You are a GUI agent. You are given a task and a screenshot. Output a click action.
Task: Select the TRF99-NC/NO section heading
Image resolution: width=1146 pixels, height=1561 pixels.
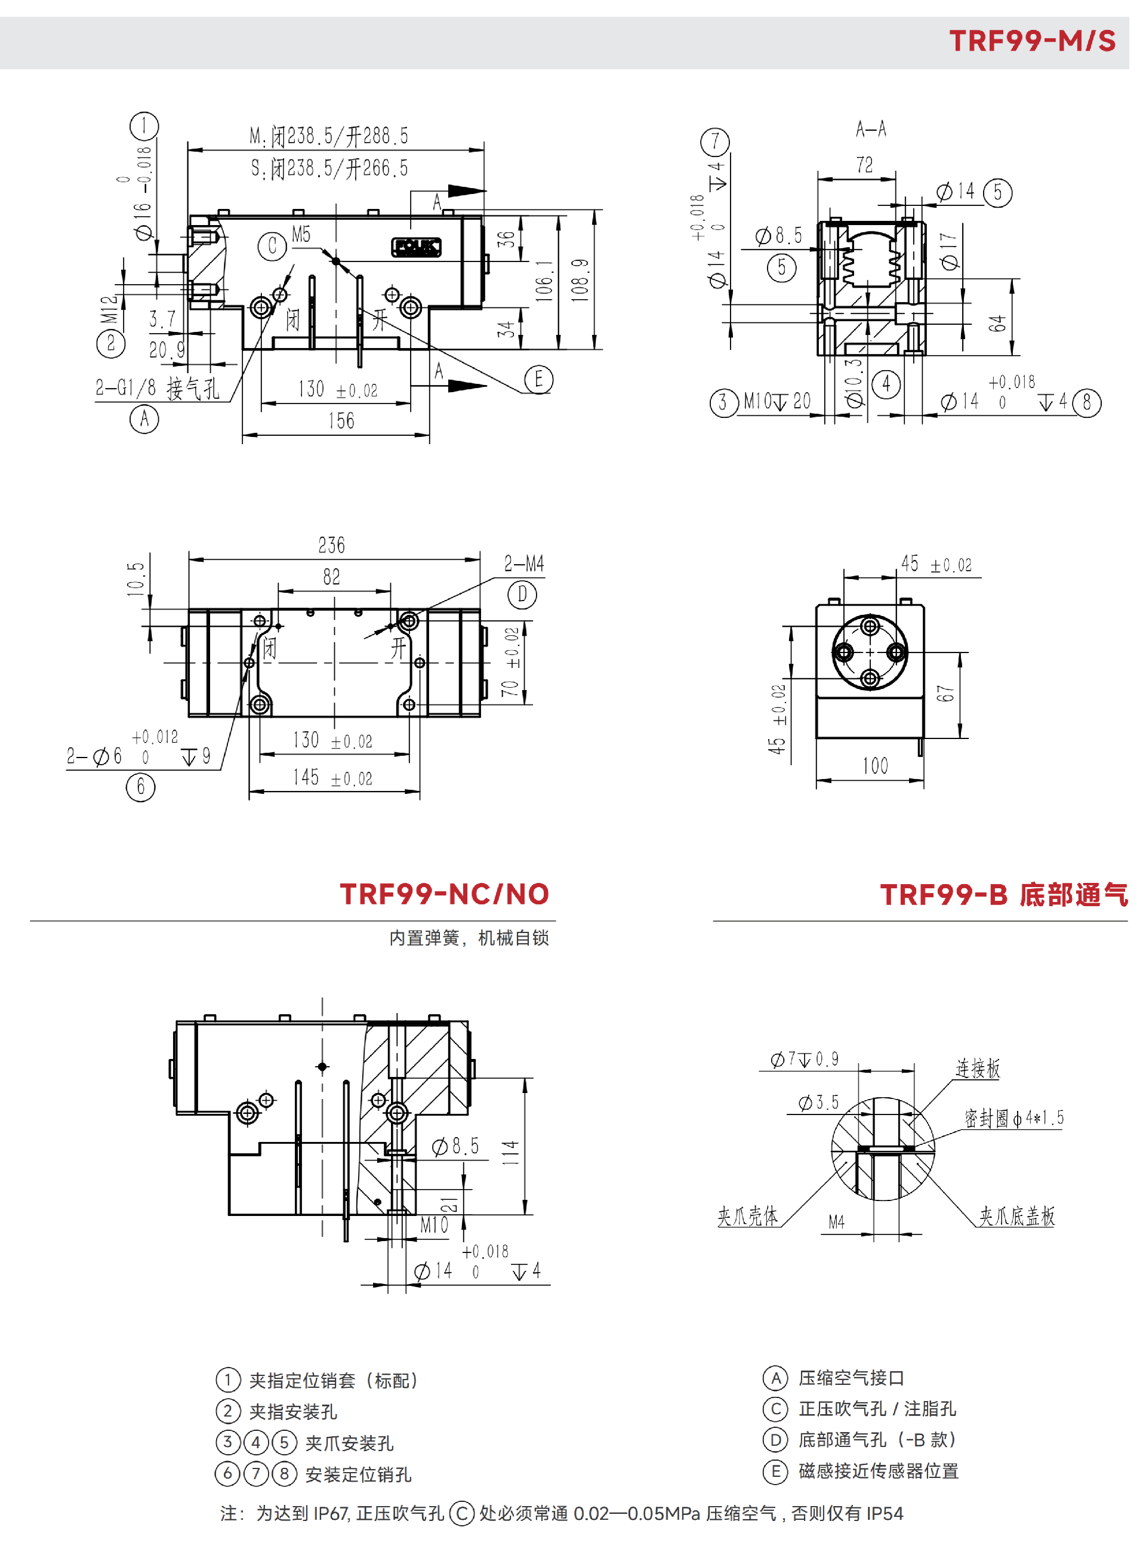click(x=444, y=894)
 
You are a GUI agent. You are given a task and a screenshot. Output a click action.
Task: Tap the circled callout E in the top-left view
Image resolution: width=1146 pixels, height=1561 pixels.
click(x=538, y=380)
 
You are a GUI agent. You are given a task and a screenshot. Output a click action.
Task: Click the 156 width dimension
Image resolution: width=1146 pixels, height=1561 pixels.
click(x=341, y=421)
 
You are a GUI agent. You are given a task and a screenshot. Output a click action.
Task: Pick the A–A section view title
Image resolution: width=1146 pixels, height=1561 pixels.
click(x=871, y=129)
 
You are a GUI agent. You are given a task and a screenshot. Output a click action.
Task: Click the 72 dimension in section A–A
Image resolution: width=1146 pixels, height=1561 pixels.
click(x=864, y=165)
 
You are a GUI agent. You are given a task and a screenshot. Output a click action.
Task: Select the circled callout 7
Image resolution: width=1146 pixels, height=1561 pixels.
click(x=715, y=141)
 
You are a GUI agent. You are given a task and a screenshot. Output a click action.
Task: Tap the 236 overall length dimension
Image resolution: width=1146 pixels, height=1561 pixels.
click(x=332, y=546)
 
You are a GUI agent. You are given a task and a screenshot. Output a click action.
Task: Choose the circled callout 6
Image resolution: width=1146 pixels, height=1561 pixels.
click(x=141, y=787)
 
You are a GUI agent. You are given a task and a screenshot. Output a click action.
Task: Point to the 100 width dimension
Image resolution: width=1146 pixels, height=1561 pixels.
click(x=875, y=766)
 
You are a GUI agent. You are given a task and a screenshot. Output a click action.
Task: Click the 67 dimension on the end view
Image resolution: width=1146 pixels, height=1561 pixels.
click(x=945, y=693)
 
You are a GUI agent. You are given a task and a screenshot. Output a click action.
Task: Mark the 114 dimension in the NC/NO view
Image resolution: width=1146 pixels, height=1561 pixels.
click(x=510, y=1152)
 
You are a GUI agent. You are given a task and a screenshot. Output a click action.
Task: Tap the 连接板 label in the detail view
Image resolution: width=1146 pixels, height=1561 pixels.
click(x=978, y=1069)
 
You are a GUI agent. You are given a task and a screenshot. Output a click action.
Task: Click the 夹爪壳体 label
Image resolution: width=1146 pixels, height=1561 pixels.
click(x=747, y=1216)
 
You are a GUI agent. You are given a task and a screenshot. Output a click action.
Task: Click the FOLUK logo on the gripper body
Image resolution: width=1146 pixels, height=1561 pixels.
click(x=416, y=247)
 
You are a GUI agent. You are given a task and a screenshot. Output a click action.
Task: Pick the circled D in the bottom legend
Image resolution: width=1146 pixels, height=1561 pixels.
click(x=775, y=1440)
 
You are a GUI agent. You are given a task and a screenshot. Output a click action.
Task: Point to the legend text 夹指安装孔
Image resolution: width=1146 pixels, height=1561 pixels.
click(x=292, y=1412)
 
